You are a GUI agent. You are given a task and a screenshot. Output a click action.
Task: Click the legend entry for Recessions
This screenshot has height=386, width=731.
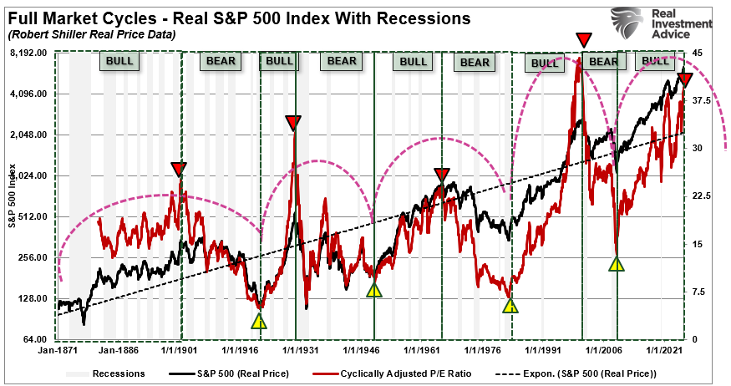(x=118, y=373)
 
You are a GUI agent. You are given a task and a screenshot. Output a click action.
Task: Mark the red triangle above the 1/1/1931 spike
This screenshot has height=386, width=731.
(x=292, y=123)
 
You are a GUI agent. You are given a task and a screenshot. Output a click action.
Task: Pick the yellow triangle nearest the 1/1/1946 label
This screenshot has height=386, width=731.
(x=374, y=290)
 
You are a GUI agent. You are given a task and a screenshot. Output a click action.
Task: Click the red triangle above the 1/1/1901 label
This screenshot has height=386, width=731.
(x=179, y=169)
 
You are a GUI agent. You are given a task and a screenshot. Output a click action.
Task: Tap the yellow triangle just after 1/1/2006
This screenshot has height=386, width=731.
(x=616, y=263)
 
